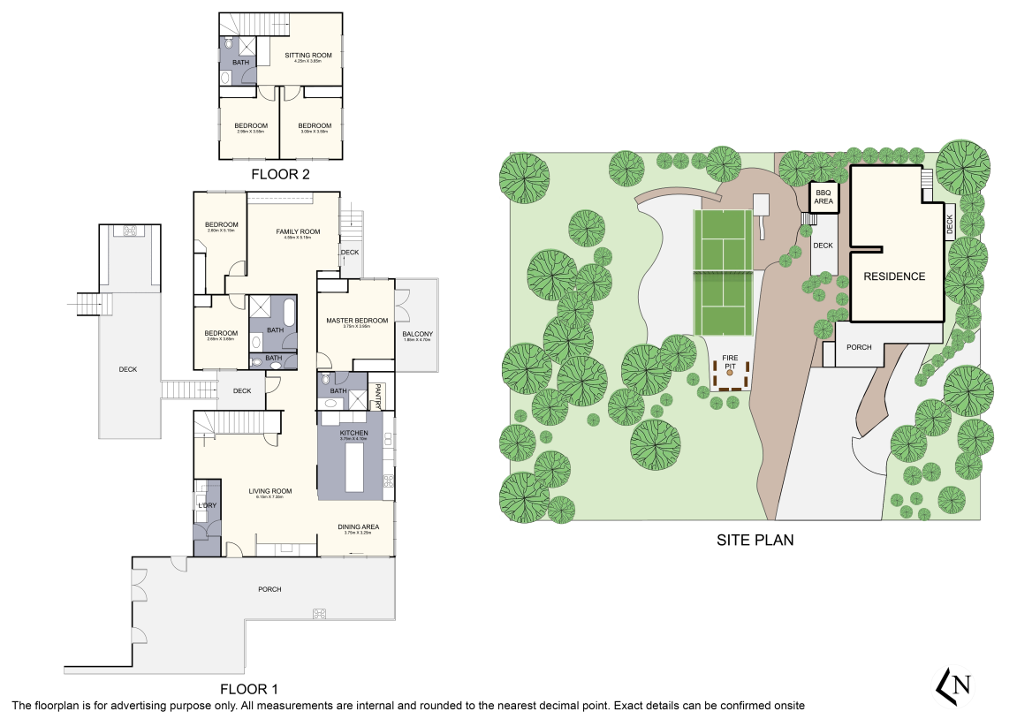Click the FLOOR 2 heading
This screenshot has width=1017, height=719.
tap(280, 174)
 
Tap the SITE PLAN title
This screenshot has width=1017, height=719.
tap(755, 539)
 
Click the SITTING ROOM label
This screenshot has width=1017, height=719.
tap(307, 56)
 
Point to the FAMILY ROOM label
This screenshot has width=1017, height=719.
tap(297, 231)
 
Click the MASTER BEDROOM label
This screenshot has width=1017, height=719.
tap(357, 321)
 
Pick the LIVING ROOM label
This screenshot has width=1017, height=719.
tap(269, 491)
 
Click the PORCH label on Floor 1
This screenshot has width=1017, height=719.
tap(269, 589)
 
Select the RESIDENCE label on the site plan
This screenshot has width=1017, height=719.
tap(894, 276)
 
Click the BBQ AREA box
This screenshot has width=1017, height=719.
tap(823, 196)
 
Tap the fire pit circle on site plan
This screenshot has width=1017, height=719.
tap(730, 375)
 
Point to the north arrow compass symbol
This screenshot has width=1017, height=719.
tap(955, 685)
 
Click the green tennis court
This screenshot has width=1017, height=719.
tap(723, 272)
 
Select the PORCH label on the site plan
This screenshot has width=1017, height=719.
tap(859, 347)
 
